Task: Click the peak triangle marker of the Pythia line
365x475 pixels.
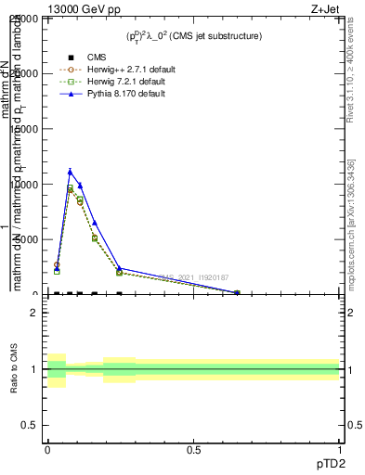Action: click(x=70, y=171)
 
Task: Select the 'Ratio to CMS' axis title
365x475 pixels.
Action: click(x=14, y=368)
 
